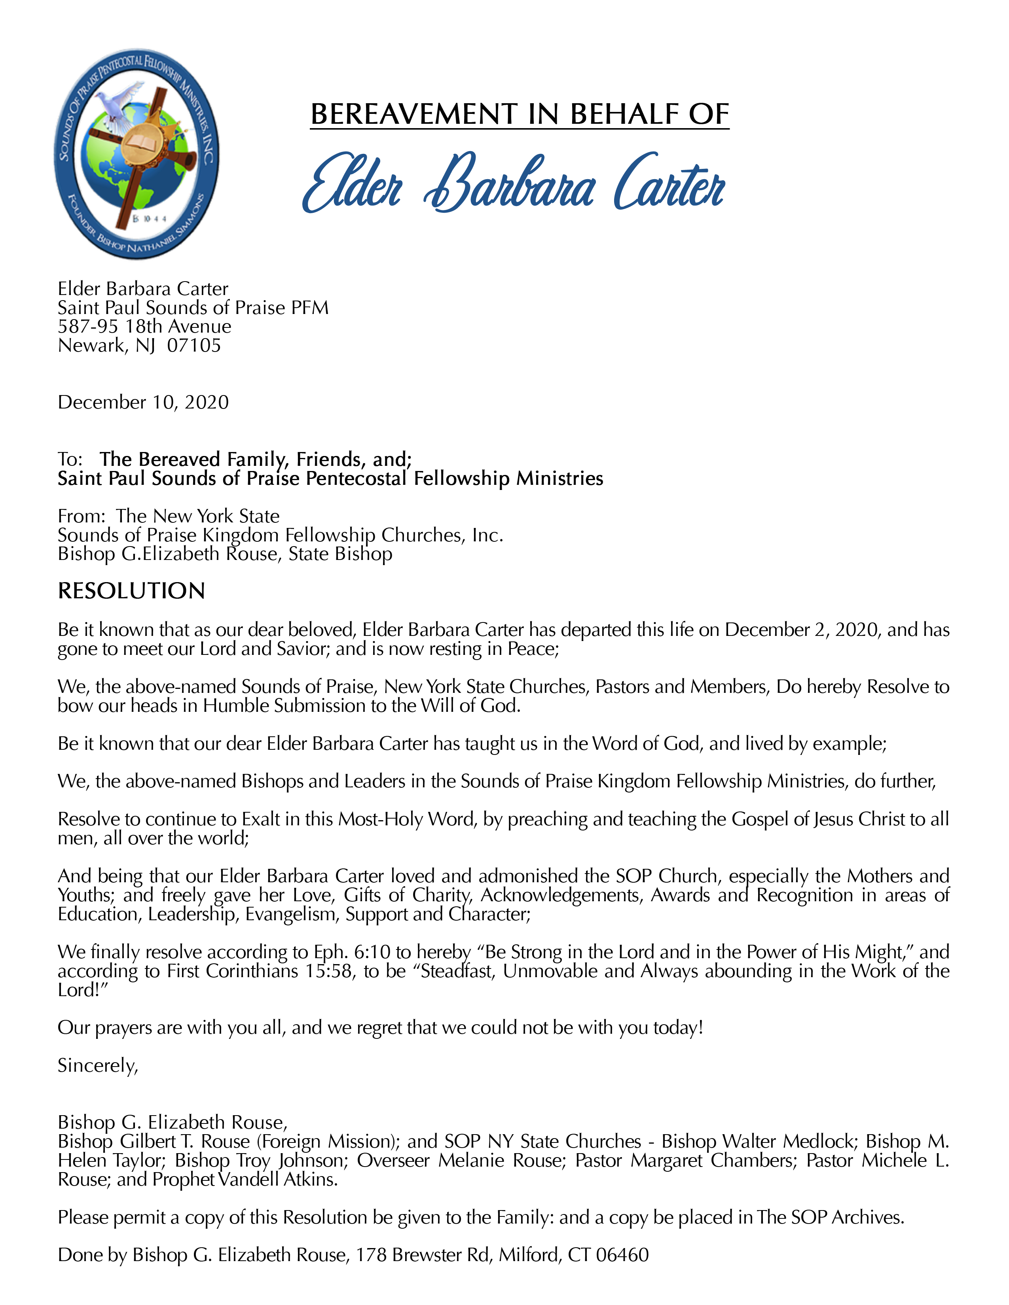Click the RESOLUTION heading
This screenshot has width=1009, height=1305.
(131, 591)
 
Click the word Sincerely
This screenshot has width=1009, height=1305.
(97, 1065)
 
